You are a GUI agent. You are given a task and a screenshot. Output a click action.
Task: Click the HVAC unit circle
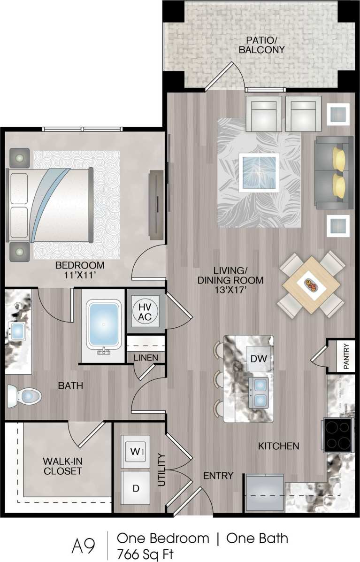145,311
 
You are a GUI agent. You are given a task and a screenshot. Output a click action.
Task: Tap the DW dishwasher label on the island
259,359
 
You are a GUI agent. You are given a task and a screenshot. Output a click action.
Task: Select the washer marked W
135,452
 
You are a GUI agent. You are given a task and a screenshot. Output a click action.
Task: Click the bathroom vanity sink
18,331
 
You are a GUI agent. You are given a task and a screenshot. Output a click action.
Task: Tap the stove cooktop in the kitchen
337,435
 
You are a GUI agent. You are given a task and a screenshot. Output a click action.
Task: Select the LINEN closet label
146,358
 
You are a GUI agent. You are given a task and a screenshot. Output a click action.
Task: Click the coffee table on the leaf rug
259,172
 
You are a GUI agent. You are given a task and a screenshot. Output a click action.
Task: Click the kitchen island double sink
259,393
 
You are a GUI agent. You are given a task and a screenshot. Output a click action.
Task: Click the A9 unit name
84,545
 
